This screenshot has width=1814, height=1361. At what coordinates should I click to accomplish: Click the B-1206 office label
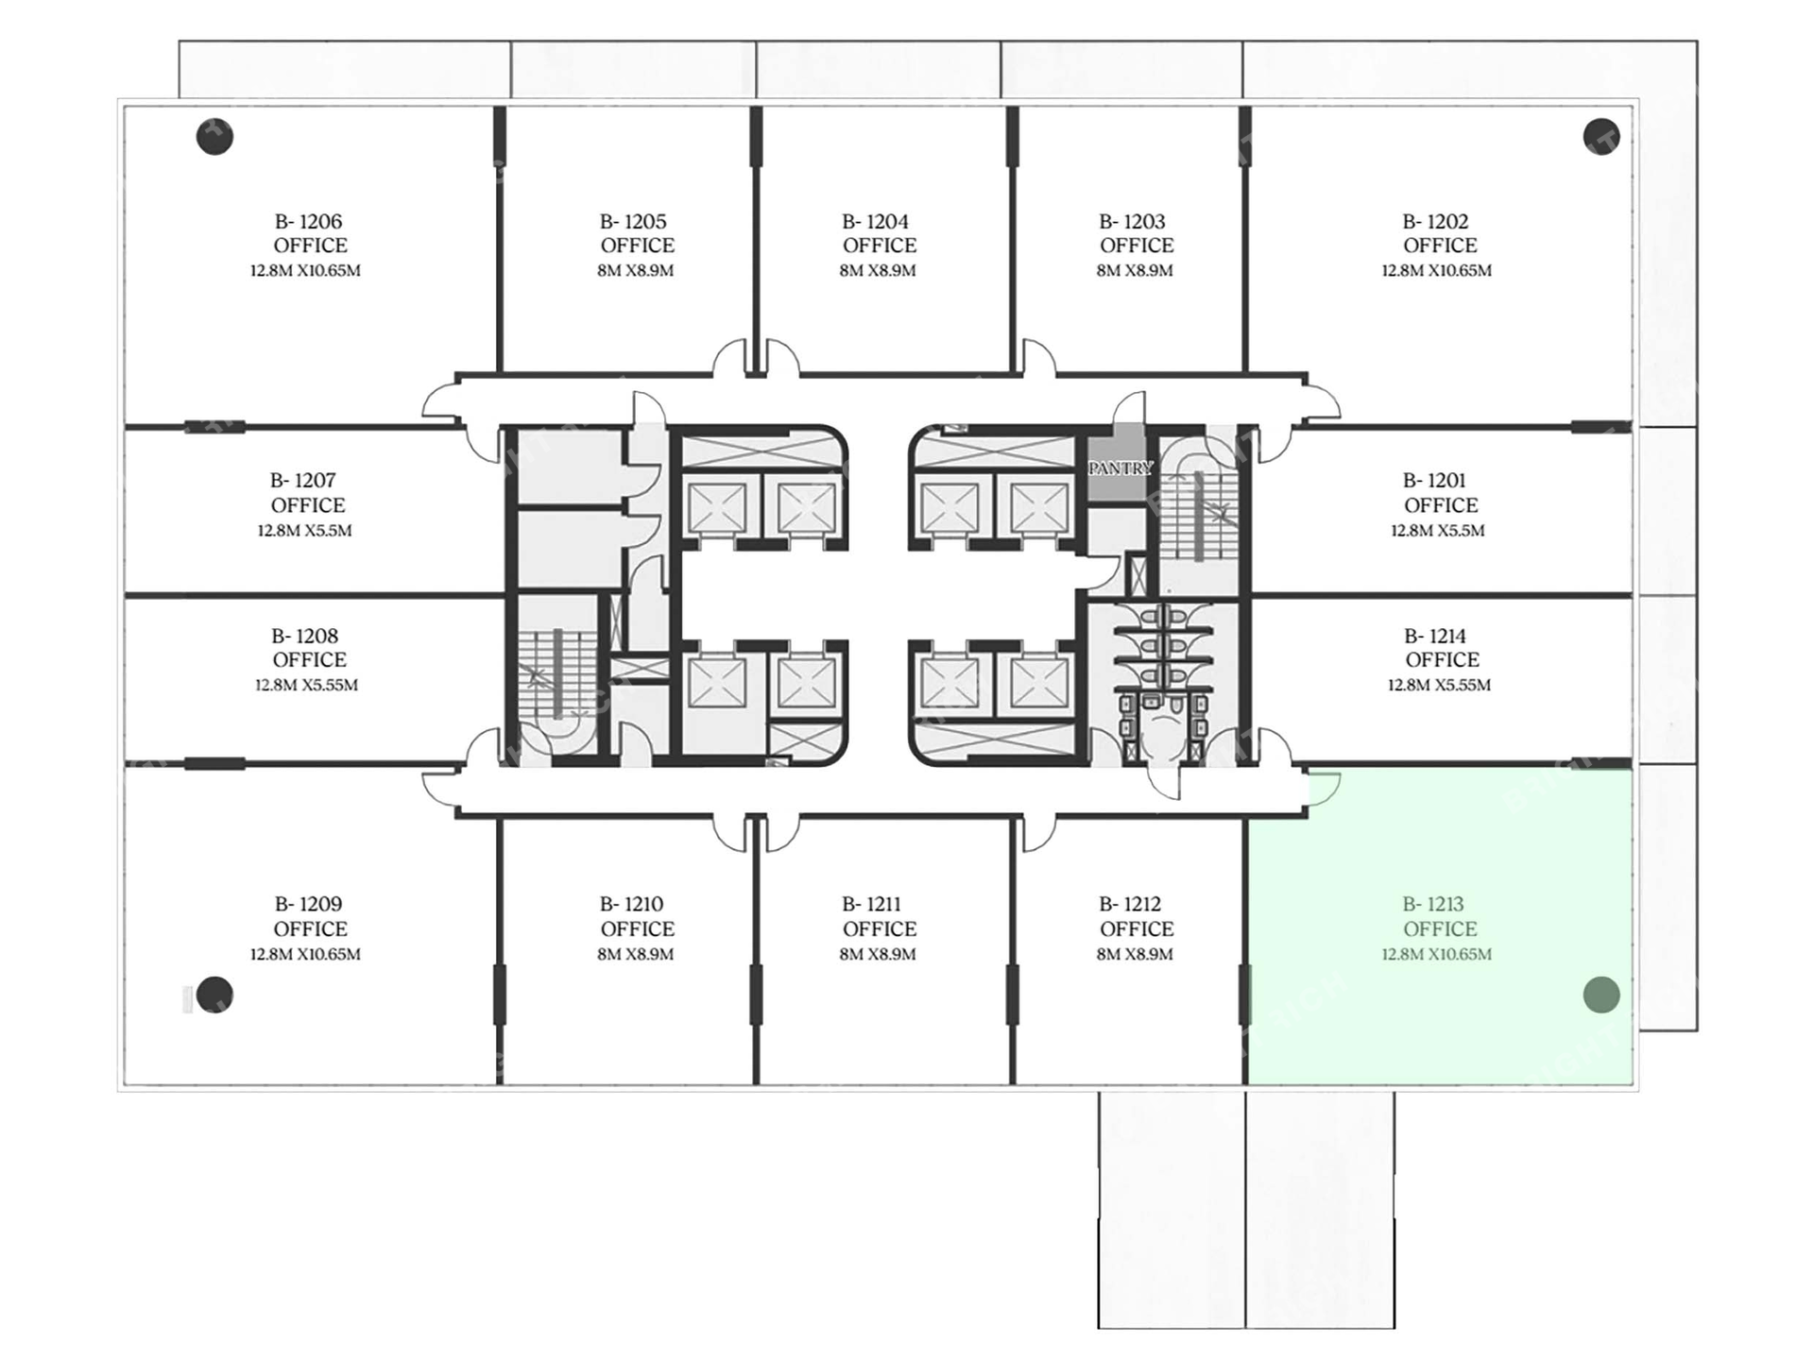coord(309,222)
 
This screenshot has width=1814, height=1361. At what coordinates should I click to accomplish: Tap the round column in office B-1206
coord(214,137)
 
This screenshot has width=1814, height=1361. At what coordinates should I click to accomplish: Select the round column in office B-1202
coord(1601,137)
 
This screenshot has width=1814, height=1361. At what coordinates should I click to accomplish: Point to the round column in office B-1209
coord(214,995)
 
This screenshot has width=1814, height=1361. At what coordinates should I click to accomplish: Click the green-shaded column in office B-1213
coord(1601,995)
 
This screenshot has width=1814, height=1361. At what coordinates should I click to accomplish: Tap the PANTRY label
coord(1121,468)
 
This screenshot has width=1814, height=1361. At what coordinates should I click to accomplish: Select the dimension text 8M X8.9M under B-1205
coord(636,270)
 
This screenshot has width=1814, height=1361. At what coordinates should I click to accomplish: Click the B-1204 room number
coord(876,222)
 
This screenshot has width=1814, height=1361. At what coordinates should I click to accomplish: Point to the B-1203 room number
coord(1133,222)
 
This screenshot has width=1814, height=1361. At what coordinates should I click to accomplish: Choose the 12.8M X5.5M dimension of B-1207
coord(304,531)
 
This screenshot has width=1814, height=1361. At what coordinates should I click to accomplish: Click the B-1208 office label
coord(306,637)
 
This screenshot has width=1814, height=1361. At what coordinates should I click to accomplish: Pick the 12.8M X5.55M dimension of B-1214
coord(1439,685)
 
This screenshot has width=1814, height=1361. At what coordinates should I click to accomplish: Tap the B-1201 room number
coord(1434,481)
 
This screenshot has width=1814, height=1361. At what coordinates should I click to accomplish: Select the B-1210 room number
coord(632,905)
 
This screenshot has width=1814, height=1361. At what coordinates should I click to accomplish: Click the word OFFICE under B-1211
coord(880,929)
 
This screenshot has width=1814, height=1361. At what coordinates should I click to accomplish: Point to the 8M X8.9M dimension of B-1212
coord(1135,954)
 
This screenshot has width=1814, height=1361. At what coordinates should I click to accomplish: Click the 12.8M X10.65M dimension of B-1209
coord(305,954)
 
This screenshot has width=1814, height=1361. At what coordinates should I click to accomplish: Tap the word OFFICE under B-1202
coord(1440,246)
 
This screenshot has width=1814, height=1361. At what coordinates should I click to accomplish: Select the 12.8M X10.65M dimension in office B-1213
coord(1437,954)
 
